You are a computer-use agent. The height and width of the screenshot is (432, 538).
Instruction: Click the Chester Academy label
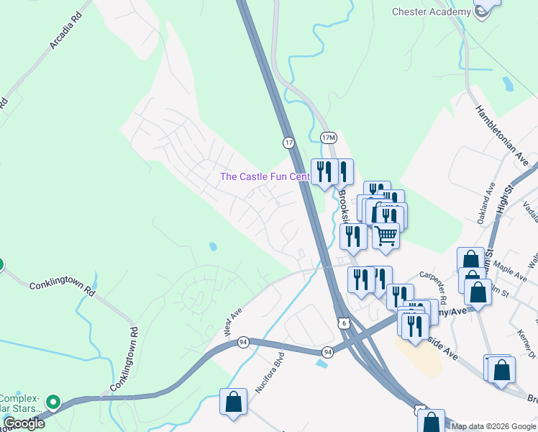(x=430, y=12)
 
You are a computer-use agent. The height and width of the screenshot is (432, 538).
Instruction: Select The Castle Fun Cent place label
(x=265, y=176)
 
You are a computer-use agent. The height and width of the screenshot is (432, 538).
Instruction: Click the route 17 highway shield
(x=289, y=143)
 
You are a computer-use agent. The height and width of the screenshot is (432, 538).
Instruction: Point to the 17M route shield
(x=328, y=137)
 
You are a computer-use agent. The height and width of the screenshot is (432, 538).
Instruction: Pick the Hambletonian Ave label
(x=501, y=132)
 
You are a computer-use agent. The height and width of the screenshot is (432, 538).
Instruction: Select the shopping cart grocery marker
(x=386, y=235)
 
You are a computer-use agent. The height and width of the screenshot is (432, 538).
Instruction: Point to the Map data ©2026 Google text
(x=493, y=426)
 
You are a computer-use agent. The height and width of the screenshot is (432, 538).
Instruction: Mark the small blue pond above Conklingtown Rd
(x=213, y=246)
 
